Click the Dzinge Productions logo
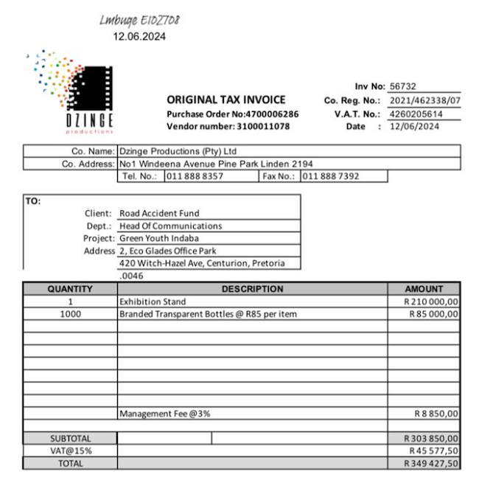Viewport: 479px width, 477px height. [69, 92]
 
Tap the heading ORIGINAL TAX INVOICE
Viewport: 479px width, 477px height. [226, 100]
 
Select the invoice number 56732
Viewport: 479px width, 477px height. [404, 87]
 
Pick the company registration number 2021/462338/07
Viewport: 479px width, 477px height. [424, 100]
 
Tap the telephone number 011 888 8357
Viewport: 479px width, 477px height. [195, 177]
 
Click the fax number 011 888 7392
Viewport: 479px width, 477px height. [330, 177]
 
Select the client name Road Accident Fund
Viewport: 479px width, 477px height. [159, 214]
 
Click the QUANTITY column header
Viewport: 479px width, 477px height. [70, 289]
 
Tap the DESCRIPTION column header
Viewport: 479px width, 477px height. [252, 289]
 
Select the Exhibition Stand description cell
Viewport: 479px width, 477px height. [153, 302]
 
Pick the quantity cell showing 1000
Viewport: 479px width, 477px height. [70, 314]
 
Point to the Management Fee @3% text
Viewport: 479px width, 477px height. [164, 414]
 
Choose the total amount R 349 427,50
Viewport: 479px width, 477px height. [432, 463]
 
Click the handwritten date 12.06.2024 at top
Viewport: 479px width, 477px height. [139, 36]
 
